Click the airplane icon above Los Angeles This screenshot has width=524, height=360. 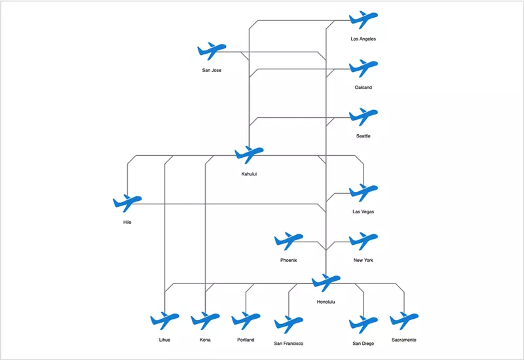click(363, 20)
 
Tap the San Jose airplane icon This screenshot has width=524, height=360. click(211, 51)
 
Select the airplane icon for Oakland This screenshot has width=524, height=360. click(363, 68)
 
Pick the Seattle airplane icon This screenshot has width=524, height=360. click(363, 117)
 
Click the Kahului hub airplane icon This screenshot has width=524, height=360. click(248, 155)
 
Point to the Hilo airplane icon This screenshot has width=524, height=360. click(127, 204)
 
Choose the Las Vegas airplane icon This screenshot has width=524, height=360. click(363, 192)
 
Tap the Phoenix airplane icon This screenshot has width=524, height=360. click(288, 241)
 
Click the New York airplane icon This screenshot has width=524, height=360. click(363, 241)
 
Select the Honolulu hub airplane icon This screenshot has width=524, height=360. click(326, 283)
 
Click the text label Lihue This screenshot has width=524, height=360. click(164, 340)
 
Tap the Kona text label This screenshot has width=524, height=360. click(205, 340)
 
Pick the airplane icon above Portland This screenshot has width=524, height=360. click(246, 321)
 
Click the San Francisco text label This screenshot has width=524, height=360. click(288, 343)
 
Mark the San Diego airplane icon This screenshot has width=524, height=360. click(363, 324)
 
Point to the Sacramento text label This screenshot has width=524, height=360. click(403, 340)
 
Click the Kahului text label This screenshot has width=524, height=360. click(248, 174)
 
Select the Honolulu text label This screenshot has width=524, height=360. click(326, 302)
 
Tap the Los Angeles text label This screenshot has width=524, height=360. click(363, 39)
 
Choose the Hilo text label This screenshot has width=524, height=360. click(127, 223)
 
